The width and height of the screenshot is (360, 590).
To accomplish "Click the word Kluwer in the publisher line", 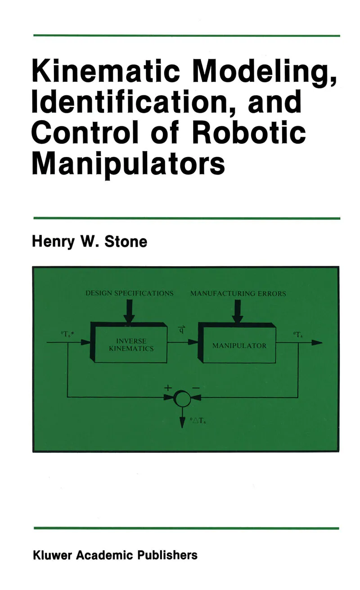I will (x=52, y=555).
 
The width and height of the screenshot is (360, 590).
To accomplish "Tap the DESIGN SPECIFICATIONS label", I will (x=130, y=293).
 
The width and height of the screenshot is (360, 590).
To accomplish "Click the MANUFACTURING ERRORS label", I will (x=238, y=294).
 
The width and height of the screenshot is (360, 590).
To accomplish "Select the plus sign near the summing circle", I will (x=168, y=386).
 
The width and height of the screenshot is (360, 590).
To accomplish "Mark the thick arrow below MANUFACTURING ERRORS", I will (x=238, y=310).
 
